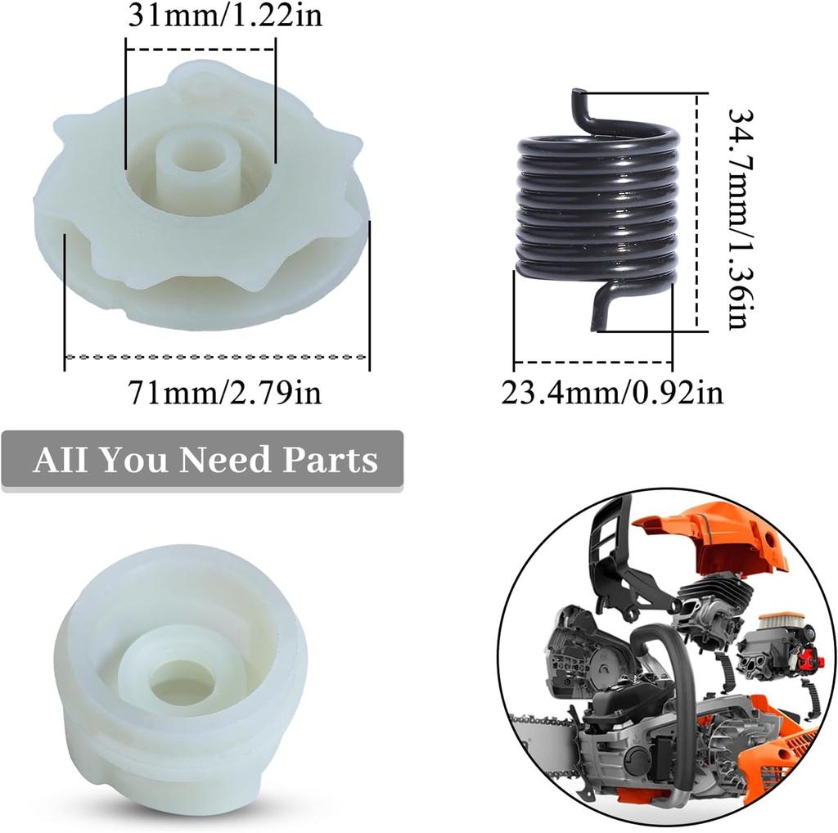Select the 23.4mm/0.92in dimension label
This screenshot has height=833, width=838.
[x=612, y=393]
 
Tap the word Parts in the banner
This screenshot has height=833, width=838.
[x=331, y=460]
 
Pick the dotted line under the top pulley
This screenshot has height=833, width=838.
[x=217, y=357]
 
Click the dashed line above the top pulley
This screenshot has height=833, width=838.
[x=200, y=49]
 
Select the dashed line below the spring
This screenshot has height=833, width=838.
[x=592, y=362]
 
